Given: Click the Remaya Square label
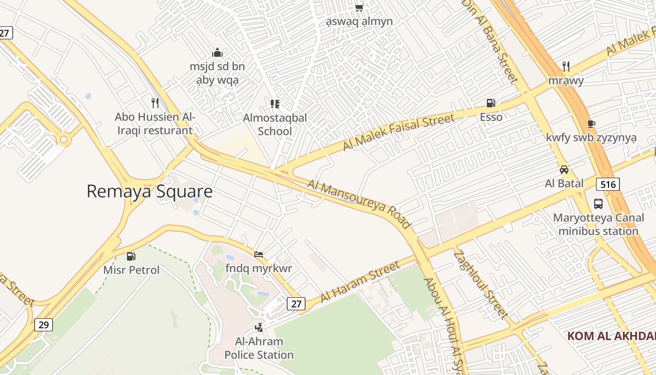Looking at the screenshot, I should click(x=149, y=191).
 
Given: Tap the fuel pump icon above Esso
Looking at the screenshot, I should click(x=491, y=103).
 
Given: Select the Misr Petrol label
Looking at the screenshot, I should click(x=131, y=270).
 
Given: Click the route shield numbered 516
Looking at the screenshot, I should click(x=608, y=184).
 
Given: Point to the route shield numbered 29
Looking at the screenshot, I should click(x=43, y=325).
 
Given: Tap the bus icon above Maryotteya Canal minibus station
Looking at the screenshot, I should click(x=598, y=204).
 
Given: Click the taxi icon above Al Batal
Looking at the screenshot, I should click(x=564, y=170).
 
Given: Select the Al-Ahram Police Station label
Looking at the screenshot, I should click(x=259, y=348).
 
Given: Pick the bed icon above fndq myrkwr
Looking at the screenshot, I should click(x=259, y=255).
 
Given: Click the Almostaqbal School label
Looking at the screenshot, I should click(x=275, y=124).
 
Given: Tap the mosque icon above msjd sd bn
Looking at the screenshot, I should click(x=217, y=52).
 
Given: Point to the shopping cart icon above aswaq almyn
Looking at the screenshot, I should click(x=359, y=7).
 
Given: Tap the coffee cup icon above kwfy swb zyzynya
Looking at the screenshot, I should click(x=591, y=124).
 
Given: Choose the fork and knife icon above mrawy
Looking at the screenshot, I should click(x=566, y=66).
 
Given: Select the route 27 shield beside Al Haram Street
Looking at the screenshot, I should click(x=296, y=304).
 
